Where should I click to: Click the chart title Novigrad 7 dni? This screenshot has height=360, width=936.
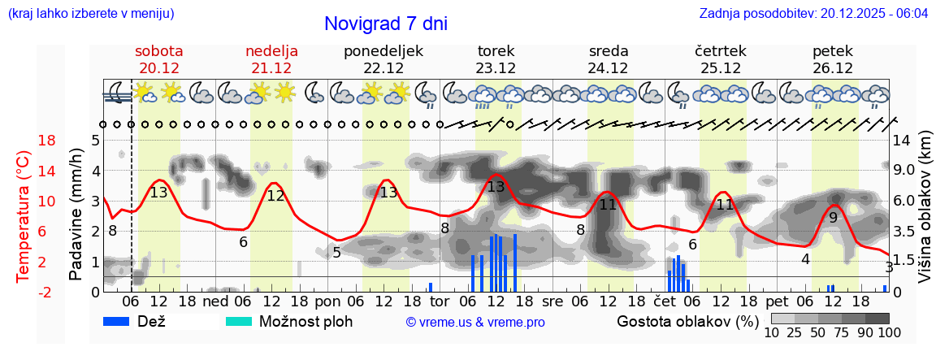click(x=385, y=24)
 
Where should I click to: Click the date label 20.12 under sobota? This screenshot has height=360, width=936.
click(x=158, y=68)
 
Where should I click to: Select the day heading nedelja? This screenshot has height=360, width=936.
click(x=271, y=51)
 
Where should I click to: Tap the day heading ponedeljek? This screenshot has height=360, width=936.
click(x=383, y=51)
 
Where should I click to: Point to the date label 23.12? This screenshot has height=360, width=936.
click(x=496, y=68)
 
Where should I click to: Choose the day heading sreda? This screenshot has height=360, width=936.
click(x=609, y=51)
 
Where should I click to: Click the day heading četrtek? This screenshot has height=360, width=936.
click(x=721, y=51)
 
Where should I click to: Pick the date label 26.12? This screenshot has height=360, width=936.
click(x=833, y=68)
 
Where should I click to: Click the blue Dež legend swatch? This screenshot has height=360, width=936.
click(x=122, y=321)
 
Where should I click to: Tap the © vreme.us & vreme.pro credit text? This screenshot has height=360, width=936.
click(x=475, y=322)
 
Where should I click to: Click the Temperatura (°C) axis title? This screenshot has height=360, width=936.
click(x=24, y=215)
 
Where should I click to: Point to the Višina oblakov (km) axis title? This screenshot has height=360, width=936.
click(x=925, y=207)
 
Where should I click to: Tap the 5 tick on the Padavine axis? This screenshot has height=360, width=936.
click(x=95, y=141)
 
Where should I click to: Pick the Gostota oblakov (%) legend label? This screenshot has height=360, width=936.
click(x=686, y=321)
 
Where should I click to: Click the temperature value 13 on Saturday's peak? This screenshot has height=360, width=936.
click(x=158, y=193)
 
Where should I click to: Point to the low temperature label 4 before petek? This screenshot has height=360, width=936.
click(x=805, y=259)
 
